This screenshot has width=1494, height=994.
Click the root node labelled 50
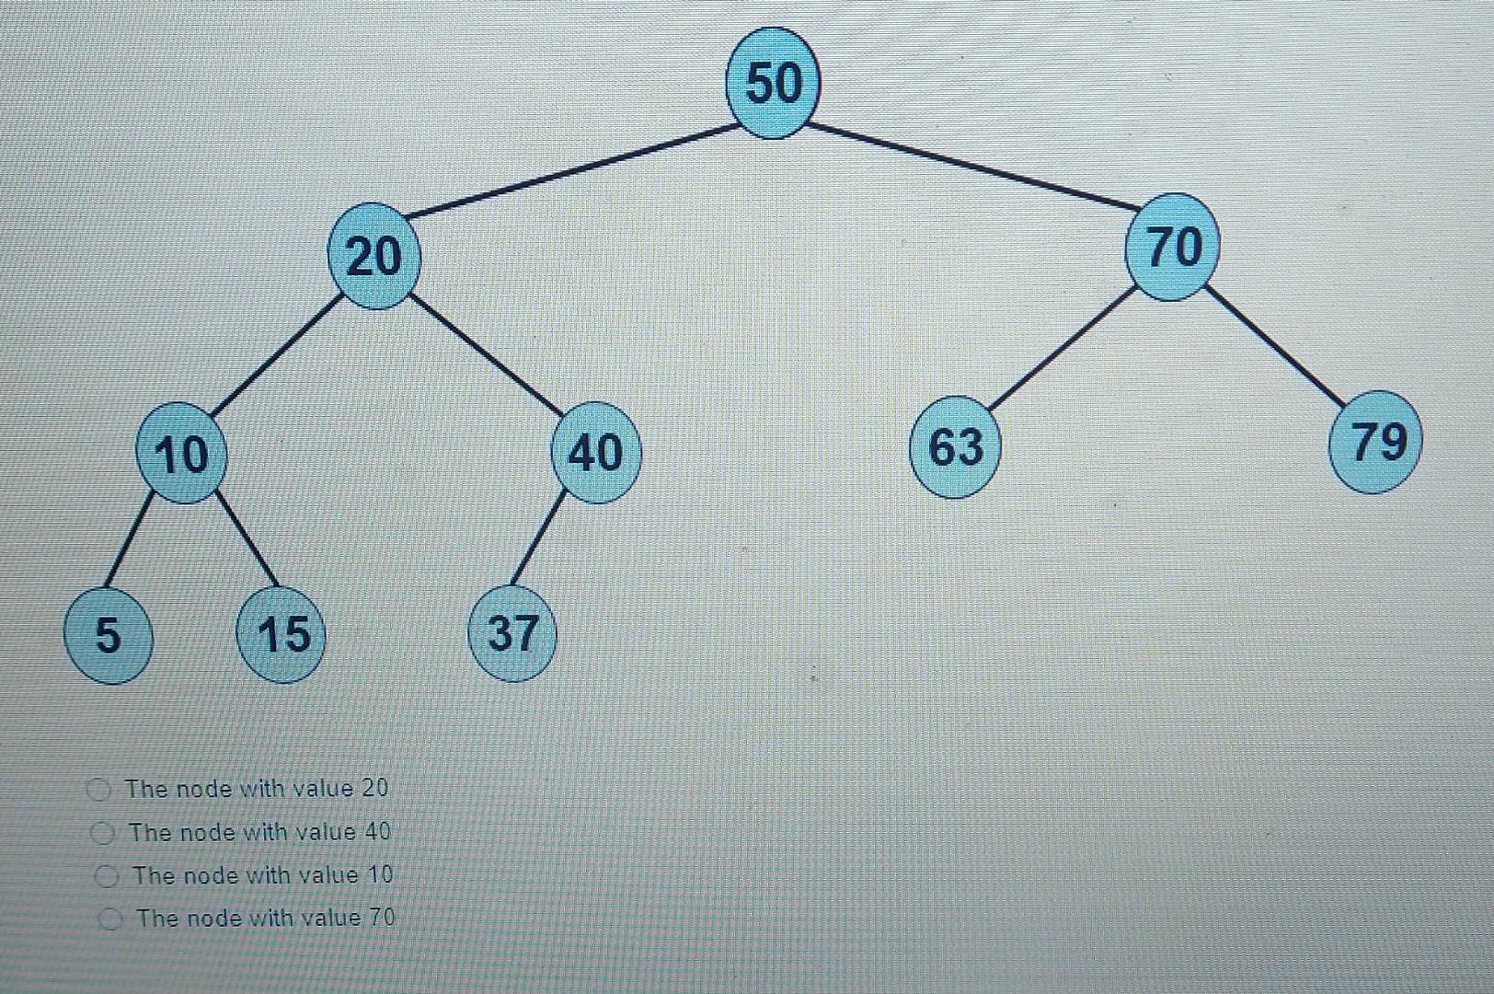click(x=772, y=83)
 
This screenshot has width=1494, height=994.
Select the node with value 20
click(x=374, y=256)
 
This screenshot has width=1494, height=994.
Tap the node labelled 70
click(x=1173, y=247)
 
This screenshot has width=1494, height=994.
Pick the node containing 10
click(x=181, y=453)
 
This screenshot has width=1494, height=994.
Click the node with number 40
click(x=595, y=452)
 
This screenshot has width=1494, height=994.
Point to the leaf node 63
click(x=955, y=447)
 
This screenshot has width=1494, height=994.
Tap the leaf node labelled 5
click(x=107, y=634)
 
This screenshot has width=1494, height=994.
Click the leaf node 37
click(x=512, y=633)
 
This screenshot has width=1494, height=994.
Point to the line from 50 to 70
click(x=971, y=165)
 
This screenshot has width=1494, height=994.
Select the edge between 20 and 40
click(x=485, y=353)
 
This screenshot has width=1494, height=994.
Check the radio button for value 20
click(x=98, y=789)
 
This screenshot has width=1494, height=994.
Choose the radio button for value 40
click(x=102, y=833)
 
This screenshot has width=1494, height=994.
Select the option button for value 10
click(x=108, y=876)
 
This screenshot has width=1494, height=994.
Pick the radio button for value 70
click(x=112, y=919)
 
